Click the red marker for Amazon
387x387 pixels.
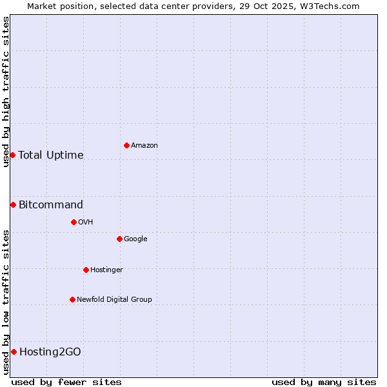point(126,145)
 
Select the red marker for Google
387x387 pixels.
point(119,239)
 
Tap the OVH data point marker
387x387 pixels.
point(74,222)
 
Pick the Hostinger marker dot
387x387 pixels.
point(86,270)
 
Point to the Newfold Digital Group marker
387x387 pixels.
point(72,299)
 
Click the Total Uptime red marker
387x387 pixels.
point(12,155)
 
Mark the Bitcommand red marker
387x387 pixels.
point(13,204)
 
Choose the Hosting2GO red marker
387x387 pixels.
point(14,352)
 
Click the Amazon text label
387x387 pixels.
point(144,146)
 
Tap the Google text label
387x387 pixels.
point(135,239)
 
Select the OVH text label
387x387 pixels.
point(86,223)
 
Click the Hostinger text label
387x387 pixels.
point(106,270)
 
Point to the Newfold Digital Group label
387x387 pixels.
point(114,300)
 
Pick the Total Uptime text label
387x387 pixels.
point(51,155)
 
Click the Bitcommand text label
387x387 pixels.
point(51,205)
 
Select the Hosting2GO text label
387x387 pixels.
point(50,352)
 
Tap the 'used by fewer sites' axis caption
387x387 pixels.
point(66,382)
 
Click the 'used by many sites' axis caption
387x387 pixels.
point(324,382)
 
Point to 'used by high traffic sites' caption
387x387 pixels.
point(6,92)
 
